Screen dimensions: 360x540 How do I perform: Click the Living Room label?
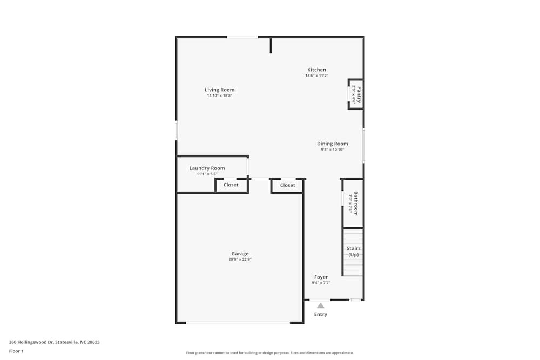click(x=219, y=90)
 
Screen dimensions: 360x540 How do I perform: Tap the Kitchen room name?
click(x=316, y=70)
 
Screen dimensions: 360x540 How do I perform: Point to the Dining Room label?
click(x=332, y=144)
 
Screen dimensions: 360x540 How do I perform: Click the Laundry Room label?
click(x=207, y=168)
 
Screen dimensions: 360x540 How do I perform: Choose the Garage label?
click(x=240, y=253)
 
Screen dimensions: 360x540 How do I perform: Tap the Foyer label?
click(x=321, y=277)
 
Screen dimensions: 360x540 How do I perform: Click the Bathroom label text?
click(x=356, y=203)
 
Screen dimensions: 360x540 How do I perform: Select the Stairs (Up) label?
click(x=353, y=252)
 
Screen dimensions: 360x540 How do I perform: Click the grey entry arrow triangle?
click(x=320, y=305)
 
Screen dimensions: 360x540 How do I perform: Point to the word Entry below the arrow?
click(x=320, y=314)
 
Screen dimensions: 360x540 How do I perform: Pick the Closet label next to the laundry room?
click(x=231, y=185)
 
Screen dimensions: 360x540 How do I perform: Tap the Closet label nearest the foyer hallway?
click(x=287, y=185)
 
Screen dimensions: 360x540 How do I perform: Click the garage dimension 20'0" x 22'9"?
click(x=240, y=260)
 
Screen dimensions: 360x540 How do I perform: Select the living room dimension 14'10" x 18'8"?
click(x=219, y=96)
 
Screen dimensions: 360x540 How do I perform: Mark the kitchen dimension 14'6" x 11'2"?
click(x=316, y=76)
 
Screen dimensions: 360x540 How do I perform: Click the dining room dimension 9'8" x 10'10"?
click(x=332, y=150)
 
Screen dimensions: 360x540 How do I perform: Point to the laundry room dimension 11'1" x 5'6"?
click(x=207, y=174)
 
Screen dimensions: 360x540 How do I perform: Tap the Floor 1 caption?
click(x=16, y=351)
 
